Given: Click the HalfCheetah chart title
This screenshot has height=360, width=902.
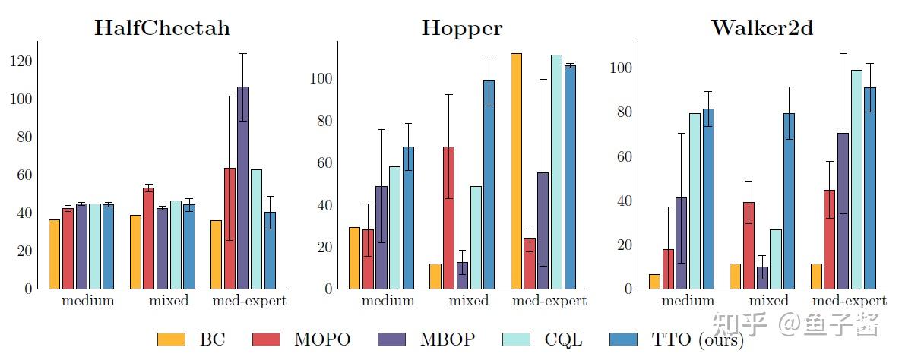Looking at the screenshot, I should tap(162, 29).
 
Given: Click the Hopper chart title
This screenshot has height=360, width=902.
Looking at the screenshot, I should tap(462, 29).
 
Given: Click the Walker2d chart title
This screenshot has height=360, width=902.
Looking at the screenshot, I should tap(762, 29).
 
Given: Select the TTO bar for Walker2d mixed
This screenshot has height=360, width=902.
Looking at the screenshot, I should tap(789, 201).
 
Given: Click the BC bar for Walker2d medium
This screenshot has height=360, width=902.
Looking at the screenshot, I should tap(654, 281).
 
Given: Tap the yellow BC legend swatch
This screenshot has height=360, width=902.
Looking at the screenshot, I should tap(171, 339).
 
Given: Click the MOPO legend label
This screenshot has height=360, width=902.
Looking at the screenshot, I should tap(322, 339).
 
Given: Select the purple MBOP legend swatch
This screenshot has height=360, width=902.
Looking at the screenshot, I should tap(391, 339).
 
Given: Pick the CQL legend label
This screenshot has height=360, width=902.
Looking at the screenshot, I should tap(563, 339).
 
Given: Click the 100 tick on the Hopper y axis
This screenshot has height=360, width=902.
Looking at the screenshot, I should tap(322, 79).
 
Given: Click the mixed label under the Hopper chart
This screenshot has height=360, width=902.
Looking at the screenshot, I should tap(469, 301).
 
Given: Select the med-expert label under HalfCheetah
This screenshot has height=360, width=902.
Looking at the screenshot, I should tap(249, 301).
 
